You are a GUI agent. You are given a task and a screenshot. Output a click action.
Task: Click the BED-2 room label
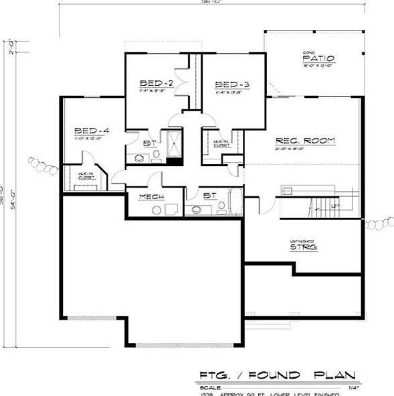click(x=157, y=83)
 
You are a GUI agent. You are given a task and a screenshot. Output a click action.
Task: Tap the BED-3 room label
click(x=232, y=84)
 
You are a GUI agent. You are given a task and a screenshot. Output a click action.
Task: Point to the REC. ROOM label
click(x=305, y=141)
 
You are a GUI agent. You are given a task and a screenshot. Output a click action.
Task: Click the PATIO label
click(x=318, y=59)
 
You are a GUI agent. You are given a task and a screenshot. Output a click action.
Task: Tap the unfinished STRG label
click(x=303, y=247)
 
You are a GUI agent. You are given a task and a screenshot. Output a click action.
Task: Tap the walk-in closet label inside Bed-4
click(x=86, y=176)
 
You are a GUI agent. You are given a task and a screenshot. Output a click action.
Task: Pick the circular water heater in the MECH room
click(x=157, y=210)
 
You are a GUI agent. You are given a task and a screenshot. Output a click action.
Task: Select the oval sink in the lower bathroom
click(x=198, y=210)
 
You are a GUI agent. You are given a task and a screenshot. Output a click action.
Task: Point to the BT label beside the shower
click(x=147, y=143)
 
